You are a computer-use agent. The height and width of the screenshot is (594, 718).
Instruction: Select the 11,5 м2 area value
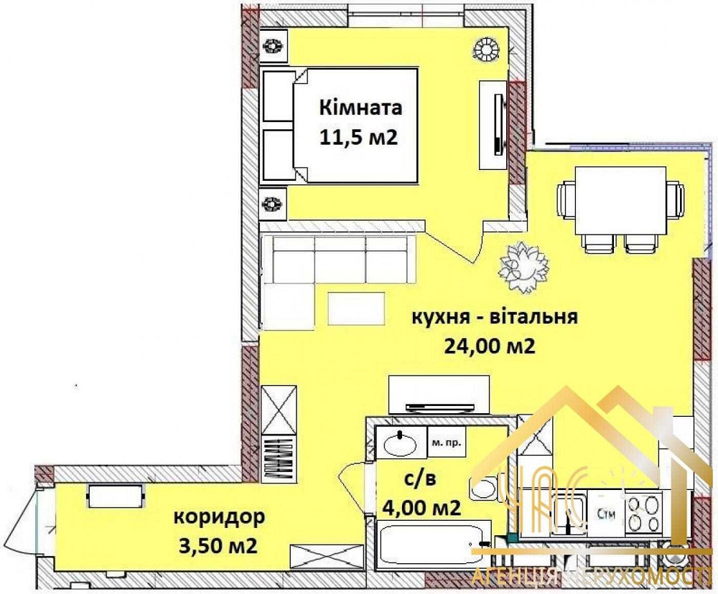pos(358,137)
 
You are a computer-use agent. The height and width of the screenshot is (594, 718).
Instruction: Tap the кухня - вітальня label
pos(494,317)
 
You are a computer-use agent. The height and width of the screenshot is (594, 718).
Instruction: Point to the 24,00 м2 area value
pos(490,347)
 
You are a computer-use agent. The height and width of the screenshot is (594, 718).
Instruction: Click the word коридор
pos(218,517)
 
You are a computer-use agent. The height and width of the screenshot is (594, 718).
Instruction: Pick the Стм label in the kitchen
pos(604,512)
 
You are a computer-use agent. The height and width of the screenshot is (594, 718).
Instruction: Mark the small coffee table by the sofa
pos(351,309)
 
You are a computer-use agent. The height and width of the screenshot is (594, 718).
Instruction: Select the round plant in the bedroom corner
pos(486,49)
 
